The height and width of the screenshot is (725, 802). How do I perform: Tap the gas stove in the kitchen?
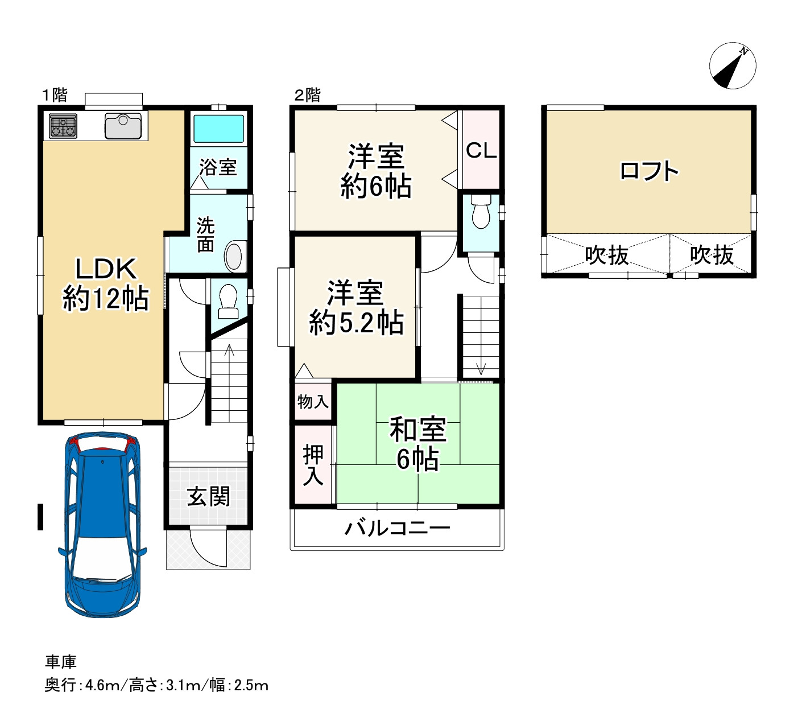[x=63, y=126]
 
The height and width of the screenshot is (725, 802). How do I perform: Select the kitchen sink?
[x=123, y=126]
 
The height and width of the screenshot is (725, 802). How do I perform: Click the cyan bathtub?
[x=218, y=129]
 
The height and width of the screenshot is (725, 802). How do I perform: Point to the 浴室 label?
[x=218, y=167]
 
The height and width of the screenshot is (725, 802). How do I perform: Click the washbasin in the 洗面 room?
[x=234, y=257]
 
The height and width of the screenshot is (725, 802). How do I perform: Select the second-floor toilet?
[x=481, y=211]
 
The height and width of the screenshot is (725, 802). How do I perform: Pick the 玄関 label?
[x=208, y=497]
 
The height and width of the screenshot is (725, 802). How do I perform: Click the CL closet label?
[x=481, y=150]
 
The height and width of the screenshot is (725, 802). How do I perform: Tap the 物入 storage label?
[x=313, y=401]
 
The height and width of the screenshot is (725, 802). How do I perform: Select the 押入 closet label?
[x=313, y=464]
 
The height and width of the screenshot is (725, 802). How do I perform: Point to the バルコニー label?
[x=398, y=528]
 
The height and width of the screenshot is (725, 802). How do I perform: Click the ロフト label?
[x=648, y=171]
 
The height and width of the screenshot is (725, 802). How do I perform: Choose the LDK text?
[x=106, y=269]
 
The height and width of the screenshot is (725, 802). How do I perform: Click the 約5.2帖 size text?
[x=356, y=323]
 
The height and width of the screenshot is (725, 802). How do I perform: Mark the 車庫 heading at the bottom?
[x=60, y=662]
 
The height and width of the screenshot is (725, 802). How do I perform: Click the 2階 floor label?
[x=307, y=95]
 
